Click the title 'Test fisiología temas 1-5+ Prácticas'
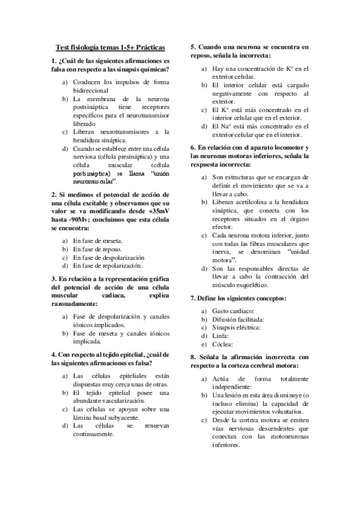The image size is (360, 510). coord(111,48)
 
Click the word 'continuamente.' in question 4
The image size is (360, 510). coord(94,434)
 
